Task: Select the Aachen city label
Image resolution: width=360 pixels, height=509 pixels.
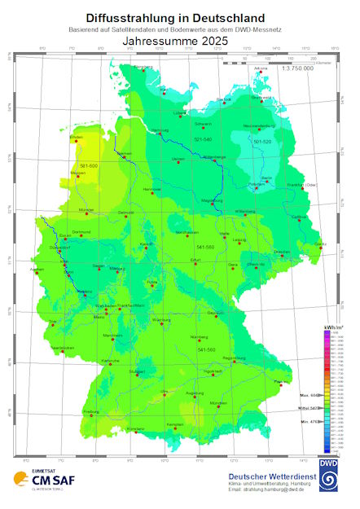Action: [36, 268]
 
